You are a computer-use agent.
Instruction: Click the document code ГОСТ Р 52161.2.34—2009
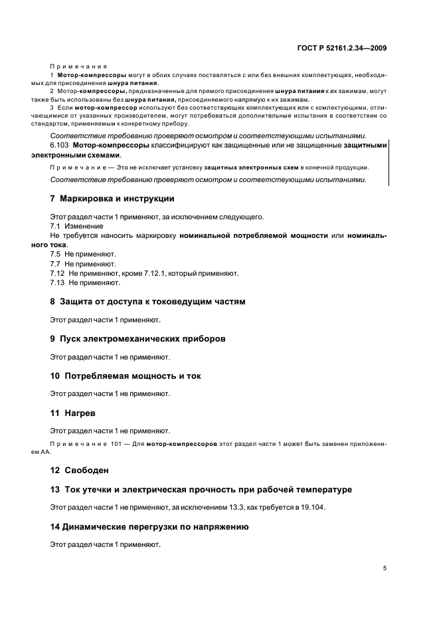pyautogui.click(x=341, y=48)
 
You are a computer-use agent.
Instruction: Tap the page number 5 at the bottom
pyautogui.click(x=385, y=568)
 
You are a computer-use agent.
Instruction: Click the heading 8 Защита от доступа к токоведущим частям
pyautogui.click(x=147, y=301)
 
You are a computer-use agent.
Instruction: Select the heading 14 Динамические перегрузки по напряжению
pyautogui.click(x=149, y=527)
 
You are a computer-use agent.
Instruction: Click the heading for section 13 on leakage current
pyautogui.click(x=201, y=490)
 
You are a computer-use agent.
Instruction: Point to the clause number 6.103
pyautogui.click(x=60, y=144)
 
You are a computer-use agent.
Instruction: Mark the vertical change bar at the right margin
pyautogui.click(x=389, y=162)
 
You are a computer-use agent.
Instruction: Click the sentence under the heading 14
pyautogui.click(x=106, y=544)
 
